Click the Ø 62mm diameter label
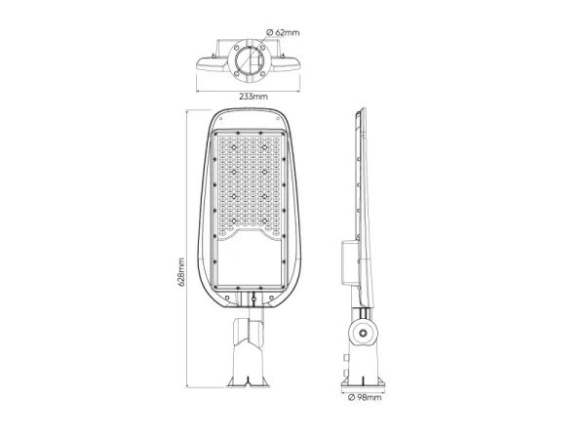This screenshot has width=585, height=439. [x=283, y=32]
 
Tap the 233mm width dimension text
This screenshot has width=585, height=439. [x=253, y=97]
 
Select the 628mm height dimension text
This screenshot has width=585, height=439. [x=181, y=272]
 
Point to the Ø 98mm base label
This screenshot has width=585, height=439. [x=365, y=397]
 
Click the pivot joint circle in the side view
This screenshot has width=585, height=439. [x=363, y=333]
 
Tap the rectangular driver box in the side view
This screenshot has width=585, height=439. [x=349, y=262]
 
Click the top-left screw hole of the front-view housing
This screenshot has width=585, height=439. [x=220, y=119]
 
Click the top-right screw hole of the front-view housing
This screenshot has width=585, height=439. [x=278, y=119]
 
